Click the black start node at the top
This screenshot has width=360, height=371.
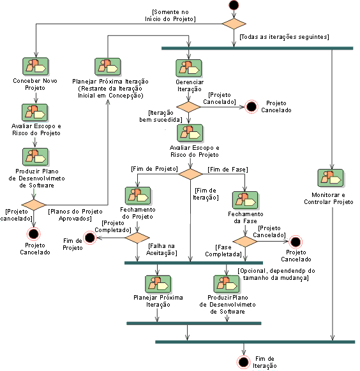[x=234, y=5]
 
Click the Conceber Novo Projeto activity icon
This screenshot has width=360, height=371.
[x=36, y=66]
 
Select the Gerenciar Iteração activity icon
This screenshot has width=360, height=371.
[x=189, y=68]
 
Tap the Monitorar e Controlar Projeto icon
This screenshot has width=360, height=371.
[x=331, y=178]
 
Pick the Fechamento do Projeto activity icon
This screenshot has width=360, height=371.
[x=138, y=196]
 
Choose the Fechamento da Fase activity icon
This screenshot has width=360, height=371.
[x=245, y=200]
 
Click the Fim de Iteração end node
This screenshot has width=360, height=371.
[x=243, y=362]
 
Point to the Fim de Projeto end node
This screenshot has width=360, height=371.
[x=90, y=238]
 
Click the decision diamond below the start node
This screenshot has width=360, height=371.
[x=234, y=24]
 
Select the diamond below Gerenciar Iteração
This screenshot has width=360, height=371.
[x=188, y=107]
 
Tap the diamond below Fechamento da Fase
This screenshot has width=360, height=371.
[x=245, y=242]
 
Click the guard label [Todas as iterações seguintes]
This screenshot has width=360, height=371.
[x=284, y=37]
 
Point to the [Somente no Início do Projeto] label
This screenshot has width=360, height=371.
[x=170, y=15]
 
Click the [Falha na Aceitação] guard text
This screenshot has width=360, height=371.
[x=161, y=249]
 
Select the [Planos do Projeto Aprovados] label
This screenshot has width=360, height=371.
[x=75, y=215]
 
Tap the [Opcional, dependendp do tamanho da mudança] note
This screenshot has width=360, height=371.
[x=276, y=274]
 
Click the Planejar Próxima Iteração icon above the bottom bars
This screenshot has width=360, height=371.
[x=158, y=284]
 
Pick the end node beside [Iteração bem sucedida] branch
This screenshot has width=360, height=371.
[x=251, y=106]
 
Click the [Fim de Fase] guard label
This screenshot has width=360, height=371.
[x=228, y=170]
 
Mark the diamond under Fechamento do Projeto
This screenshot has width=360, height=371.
[x=137, y=238]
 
